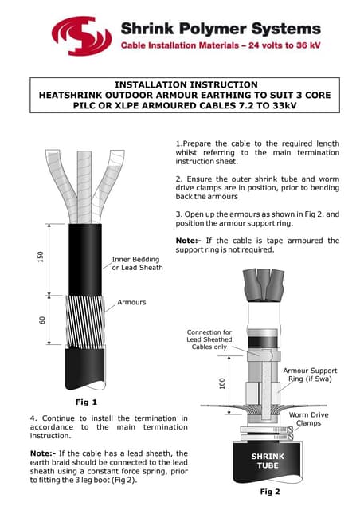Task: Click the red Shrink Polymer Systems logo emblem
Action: (x=81, y=36)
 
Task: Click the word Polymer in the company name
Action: (x=213, y=29)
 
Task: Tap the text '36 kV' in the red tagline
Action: (x=308, y=45)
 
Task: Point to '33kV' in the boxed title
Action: (x=283, y=106)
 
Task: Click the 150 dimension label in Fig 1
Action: (x=41, y=257)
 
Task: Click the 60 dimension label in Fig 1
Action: (x=42, y=320)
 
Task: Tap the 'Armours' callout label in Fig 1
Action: (x=131, y=302)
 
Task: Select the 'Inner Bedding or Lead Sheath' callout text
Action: (x=137, y=264)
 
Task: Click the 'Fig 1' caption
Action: (x=86, y=402)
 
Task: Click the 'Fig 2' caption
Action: (x=270, y=492)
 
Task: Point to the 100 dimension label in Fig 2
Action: (x=222, y=383)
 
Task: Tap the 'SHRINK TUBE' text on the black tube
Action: (x=268, y=461)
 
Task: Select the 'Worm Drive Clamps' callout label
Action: (x=308, y=419)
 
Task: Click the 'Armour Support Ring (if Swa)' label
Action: (x=310, y=375)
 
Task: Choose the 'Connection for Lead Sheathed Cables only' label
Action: (x=209, y=339)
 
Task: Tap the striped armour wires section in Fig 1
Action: (x=85, y=321)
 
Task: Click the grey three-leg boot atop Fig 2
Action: (x=263, y=285)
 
